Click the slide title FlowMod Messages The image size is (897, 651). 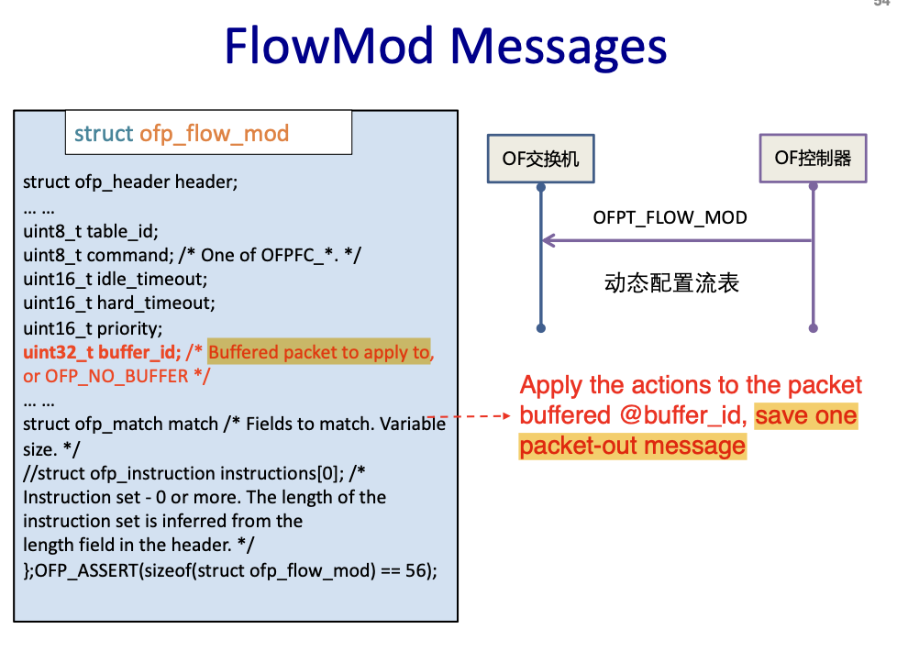[446, 46]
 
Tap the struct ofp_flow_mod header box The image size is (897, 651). [208, 133]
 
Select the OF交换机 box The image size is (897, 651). [540, 159]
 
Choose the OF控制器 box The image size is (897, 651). [813, 158]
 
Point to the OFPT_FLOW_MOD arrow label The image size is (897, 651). [670, 218]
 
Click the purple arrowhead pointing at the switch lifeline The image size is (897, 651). [548, 240]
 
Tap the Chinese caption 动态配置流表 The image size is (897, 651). [671, 283]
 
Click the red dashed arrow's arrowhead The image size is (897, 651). [504, 415]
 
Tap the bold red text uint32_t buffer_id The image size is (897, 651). [101, 352]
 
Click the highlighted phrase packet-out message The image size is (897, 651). [632, 446]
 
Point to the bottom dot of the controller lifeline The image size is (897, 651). [813, 327]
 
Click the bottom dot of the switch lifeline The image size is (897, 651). [541, 327]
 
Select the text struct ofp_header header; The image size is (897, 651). [130, 182]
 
